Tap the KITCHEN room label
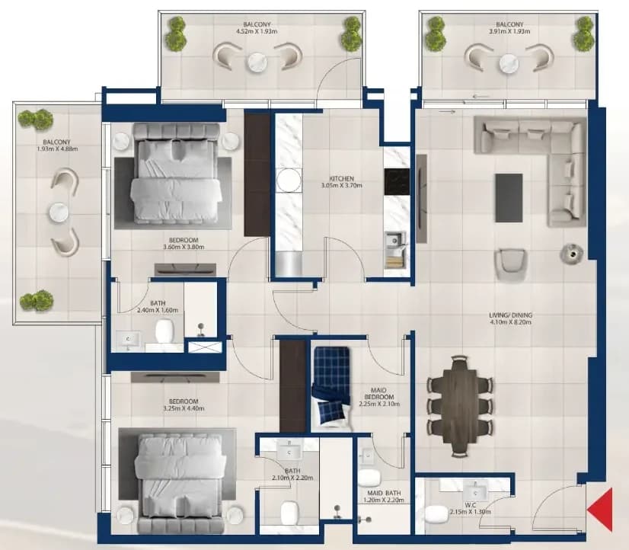click(x=341, y=178)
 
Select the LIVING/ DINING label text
click(x=511, y=315)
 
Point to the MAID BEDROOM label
click(x=379, y=394)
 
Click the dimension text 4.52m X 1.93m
click(x=257, y=31)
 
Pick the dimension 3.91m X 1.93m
click(x=509, y=31)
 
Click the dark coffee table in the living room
click(x=509, y=198)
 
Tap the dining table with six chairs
click(x=460, y=406)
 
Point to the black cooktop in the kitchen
click(x=397, y=181)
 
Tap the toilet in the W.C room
click(x=436, y=514)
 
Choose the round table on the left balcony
click(x=59, y=213)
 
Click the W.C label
click(x=471, y=505)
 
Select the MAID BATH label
click(x=384, y=493)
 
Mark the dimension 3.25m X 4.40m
click(x=184, y=409)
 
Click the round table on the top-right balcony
click(x=509, y=63)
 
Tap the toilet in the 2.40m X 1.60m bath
click(x=164, y=331)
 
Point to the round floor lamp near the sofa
click(x=571, y=253)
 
